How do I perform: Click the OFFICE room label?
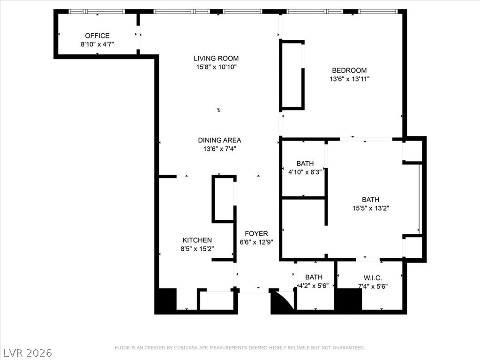[97, 36]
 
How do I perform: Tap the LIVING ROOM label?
[216, 59]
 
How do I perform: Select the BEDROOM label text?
[349, 71]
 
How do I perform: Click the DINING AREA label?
[219, 140]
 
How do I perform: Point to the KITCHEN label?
[197, 240]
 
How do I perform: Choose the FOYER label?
[256, 233]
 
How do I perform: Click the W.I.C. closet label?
[373, 277]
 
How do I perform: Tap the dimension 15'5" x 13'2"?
[370, 208]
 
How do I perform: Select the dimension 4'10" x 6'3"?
[305, 172]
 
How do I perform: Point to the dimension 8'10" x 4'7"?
[97, 44]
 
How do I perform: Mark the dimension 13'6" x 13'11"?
[349, 79]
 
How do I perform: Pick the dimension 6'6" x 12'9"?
[256, 242]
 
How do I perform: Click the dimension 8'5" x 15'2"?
[197, 249]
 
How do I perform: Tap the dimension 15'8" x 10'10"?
[216, 67]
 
